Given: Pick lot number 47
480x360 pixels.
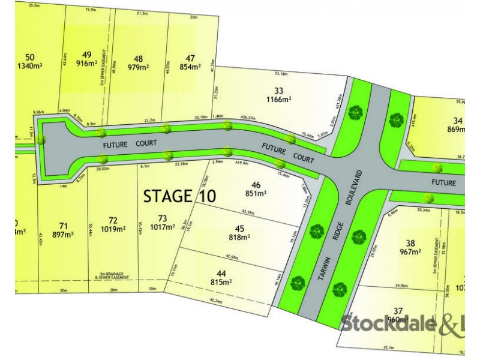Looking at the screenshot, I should pos(191,58).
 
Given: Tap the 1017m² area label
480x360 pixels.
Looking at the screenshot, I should pos(162,229).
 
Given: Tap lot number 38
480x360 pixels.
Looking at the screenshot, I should pos(410,243).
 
